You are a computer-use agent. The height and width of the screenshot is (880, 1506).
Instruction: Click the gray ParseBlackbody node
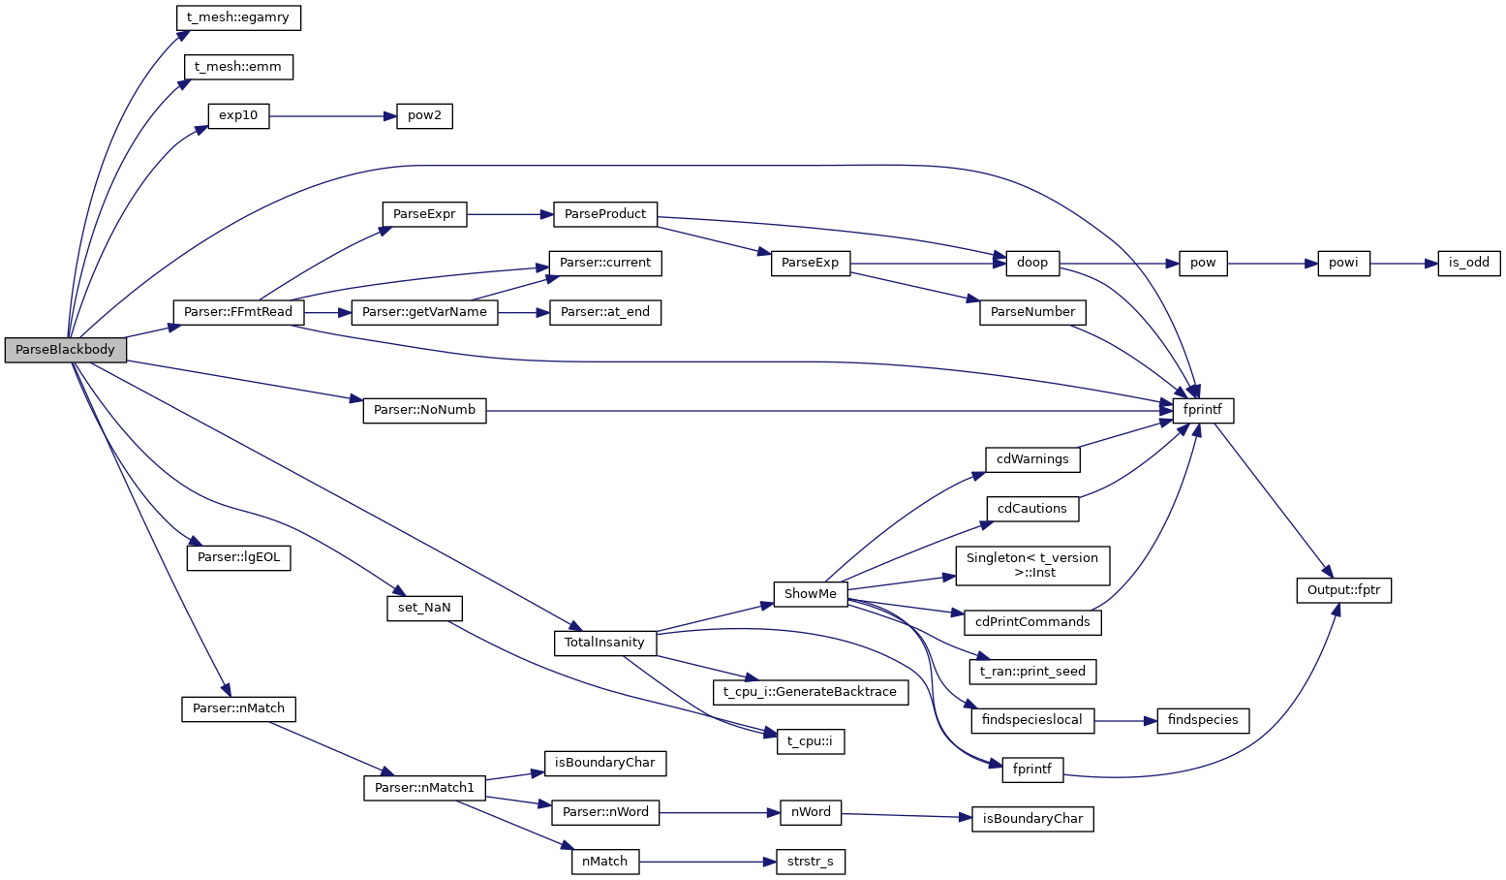point(65,350)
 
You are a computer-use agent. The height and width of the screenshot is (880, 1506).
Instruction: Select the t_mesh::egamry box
point(238,17)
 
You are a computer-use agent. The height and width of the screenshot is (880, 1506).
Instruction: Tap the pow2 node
point(424,116)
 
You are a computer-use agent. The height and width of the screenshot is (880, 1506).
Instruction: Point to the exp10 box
point(238,116)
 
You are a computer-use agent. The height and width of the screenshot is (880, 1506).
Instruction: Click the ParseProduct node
point(605,214)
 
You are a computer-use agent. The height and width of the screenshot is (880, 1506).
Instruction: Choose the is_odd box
point(1469,263)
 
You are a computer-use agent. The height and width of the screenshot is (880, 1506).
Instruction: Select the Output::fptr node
point(1343,589)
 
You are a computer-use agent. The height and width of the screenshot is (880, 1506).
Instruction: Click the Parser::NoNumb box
point(424,410)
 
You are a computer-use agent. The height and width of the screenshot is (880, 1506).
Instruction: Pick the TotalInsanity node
point(604,643)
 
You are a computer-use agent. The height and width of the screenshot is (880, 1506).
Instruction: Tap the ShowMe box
point(811,594)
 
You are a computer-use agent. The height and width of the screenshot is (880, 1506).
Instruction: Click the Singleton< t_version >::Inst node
point(1032,565)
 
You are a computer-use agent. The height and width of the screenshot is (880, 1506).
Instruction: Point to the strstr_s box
point(811,862)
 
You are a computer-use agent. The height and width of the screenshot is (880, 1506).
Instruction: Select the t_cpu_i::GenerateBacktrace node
point(811,692)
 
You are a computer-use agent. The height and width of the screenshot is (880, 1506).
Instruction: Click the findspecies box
point(1203,720)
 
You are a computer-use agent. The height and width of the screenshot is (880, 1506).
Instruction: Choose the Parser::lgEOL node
point(238,557)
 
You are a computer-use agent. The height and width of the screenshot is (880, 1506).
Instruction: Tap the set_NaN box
point(424,608)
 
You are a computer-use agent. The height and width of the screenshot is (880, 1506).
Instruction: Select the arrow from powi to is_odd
point(1403,263)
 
